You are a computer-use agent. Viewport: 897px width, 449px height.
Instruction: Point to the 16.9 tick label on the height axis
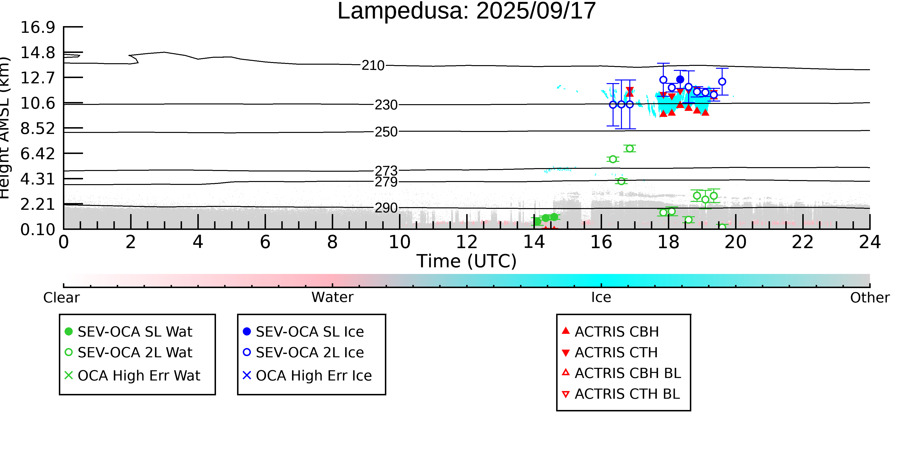pyautogui.click(x=38, y=27)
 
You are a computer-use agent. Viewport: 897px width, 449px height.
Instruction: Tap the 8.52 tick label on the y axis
pyautogui.click(x=38, y=128)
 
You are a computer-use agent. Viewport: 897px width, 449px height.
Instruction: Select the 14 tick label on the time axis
pyautogui.click(x=534, y=242)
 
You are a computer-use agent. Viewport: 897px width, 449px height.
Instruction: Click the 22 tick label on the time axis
pyautogui.click(x=803, y=242)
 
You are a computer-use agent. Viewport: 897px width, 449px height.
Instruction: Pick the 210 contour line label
pyautogui.click(x=373, y=65)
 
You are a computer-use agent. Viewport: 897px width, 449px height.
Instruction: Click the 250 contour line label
pyautogui.click(x=386, y=132)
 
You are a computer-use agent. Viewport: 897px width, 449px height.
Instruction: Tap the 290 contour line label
pyautogui.click(x=386, y=208)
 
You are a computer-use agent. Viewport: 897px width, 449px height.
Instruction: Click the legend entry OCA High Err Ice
pyautogui.click(x=307, y=375)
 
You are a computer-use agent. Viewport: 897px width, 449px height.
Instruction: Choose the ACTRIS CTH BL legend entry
pyautogui.click(x=621, y=394)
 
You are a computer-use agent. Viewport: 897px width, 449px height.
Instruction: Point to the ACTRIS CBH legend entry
pyautogui.click(x=610, y=331)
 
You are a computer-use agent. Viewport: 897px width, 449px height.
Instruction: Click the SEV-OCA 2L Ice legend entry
pyautogui.click(x=303, y=352)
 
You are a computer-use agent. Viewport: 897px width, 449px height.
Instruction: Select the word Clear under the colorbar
pyautogui.click(x=61, y=298)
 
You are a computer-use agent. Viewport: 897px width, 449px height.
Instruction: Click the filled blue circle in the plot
pyautogui.click(x=680, y=80)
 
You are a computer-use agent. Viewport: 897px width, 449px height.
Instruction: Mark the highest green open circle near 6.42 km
pyautogui.click(x=630, y=148)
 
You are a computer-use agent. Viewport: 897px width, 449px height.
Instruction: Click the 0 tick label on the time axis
pyautogui.click(x=63, y=242)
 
